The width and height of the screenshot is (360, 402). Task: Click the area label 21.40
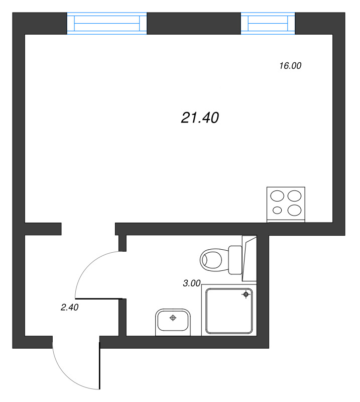[x=199, y=118]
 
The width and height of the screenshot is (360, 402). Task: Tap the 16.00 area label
[x=290, y=65]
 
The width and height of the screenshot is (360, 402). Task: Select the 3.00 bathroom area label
[x=192, y=283]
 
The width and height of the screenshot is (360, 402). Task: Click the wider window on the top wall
[x=107, y=24]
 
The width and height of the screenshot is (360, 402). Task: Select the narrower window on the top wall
[x=268, y=24]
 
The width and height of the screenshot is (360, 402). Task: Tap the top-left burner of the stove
[x=277, y=195]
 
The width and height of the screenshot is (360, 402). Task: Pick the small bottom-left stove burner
[x=277, y=210]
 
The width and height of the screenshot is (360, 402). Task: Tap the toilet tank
[x=235, y=260]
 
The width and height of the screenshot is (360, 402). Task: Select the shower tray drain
[x=246, y=294]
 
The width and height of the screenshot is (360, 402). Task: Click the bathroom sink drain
[x=173, y=318]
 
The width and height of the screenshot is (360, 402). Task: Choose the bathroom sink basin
[x=173, y=321]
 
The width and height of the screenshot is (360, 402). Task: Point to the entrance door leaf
[x=100, y=366]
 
